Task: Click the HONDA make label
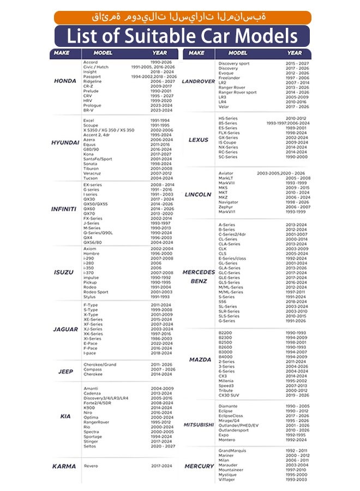click(65, 81)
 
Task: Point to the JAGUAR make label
click(65, 330)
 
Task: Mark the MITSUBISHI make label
click(199, 424)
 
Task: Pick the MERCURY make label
click(199, 466)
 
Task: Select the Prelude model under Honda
click(91, 91)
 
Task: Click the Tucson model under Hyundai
click(91, 178)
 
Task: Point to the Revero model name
click(91, 466)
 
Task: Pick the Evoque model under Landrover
click(226, 73)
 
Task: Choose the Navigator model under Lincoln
click(229, 202)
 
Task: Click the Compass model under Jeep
click(93, 369)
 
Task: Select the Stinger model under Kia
click(91, 442)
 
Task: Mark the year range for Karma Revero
click(161, 466)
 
